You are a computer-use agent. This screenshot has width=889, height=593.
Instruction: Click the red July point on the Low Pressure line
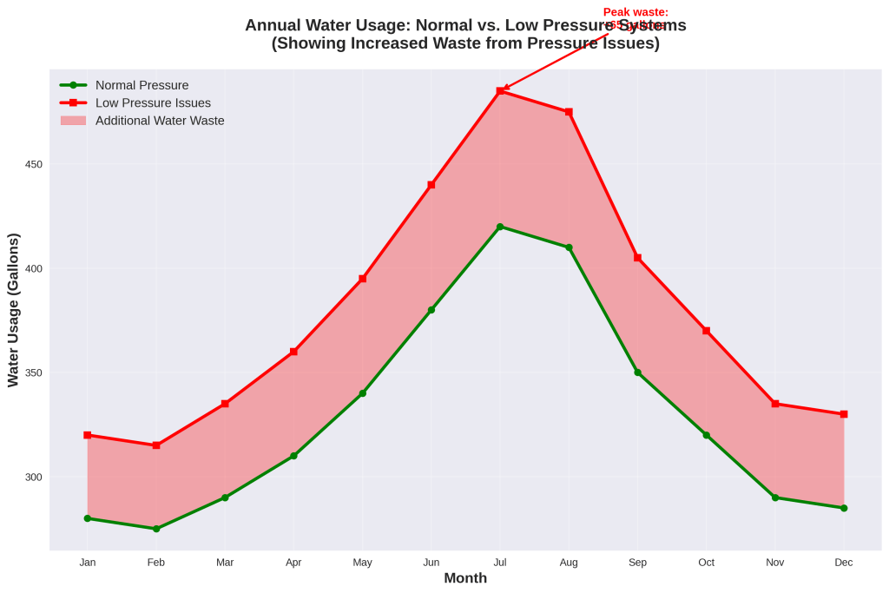coord(500,90)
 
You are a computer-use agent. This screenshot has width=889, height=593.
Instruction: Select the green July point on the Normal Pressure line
coord(500,227)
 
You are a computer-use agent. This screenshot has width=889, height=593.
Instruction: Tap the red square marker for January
coord(88,435)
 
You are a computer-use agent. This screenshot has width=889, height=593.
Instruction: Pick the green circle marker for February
coord(156,529)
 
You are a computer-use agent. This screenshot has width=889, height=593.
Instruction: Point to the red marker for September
coord(637,258)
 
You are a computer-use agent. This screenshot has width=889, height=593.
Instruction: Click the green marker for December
coord(844,508)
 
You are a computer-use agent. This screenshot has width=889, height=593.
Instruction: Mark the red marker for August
coord(569,112)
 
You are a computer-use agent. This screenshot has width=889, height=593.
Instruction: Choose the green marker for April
coord(293,456)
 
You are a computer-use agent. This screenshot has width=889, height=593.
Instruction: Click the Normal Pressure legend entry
coord(142,85)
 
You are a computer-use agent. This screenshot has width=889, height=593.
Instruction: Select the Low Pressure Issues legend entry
coord(153,102)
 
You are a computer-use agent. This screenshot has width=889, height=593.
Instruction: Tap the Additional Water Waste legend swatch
coord(74,121)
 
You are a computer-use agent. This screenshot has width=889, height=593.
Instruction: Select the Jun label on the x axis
coord(431,563)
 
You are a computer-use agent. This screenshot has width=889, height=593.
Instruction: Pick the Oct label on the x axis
coord(707,563)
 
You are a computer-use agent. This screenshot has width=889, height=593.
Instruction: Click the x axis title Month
coord(465,578)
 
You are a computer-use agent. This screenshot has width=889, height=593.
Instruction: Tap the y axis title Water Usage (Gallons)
coord(13,310)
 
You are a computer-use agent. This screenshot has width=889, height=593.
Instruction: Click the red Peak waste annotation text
coord(635,12)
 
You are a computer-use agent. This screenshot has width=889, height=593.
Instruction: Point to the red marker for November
coord(775,404)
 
